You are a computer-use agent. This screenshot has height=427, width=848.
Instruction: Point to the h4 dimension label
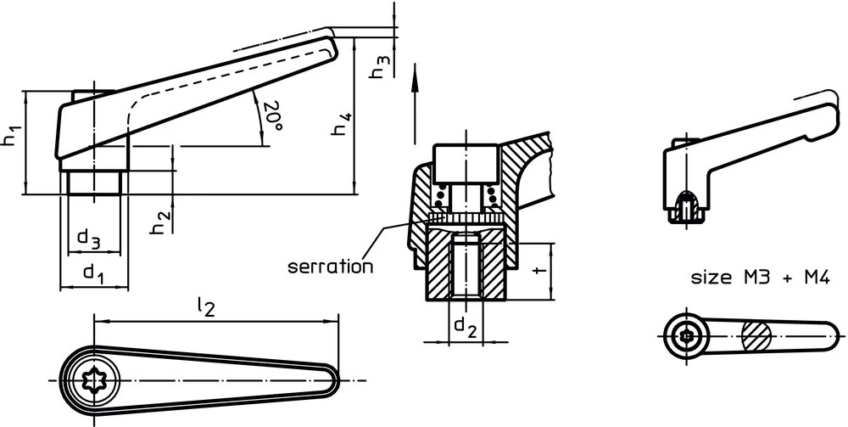343,124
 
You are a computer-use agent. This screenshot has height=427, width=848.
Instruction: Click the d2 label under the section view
466,327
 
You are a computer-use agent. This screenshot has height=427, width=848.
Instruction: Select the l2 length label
207,306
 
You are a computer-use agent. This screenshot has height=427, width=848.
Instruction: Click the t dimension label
538,271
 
